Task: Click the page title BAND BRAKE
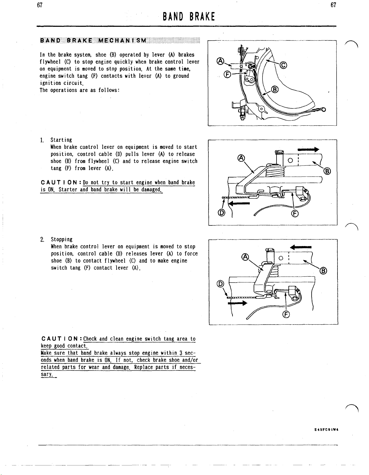[189, 17]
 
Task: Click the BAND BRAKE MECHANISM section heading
[93, 41]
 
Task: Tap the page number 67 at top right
[333, 5]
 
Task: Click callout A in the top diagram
[220, 61]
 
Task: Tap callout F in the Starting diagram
[295, 213]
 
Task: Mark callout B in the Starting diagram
[327, 171]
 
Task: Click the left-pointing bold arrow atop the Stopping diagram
[301, 247]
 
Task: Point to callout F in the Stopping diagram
[286, 314]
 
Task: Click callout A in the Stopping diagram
[245, 257]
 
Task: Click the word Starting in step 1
[61, 140]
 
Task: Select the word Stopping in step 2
[62, 239]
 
